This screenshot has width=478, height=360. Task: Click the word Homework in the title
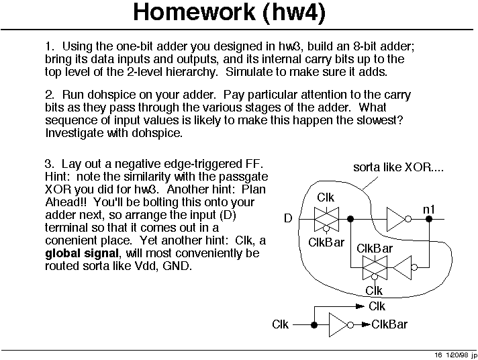point(194,12)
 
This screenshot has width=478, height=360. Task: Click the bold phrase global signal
point(82,253)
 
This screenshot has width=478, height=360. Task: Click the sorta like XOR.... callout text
point(398,167)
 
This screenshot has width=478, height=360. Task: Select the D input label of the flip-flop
point(288,218)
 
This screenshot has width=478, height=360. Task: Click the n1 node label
point(428,210)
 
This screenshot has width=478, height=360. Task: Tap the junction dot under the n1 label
point(429,219)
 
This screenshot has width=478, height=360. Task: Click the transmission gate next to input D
point(326,219)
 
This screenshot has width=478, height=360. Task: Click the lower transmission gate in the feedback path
point(375,267)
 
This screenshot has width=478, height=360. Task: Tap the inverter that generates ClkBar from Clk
point(341,325)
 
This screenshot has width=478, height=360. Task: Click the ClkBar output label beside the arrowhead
point(389,324)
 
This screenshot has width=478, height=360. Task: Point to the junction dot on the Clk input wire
point(314,325)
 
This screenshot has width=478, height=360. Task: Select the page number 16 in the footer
point(438,355)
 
